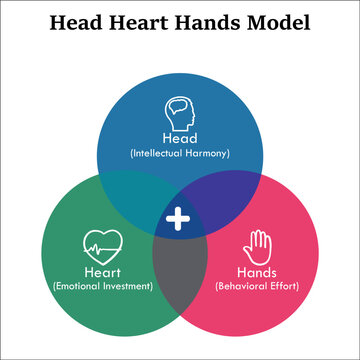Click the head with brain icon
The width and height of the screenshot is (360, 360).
180,109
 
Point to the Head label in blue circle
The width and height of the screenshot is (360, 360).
180,139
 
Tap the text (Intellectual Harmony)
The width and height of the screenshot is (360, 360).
180,154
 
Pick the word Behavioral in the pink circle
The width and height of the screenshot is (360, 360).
240,286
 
